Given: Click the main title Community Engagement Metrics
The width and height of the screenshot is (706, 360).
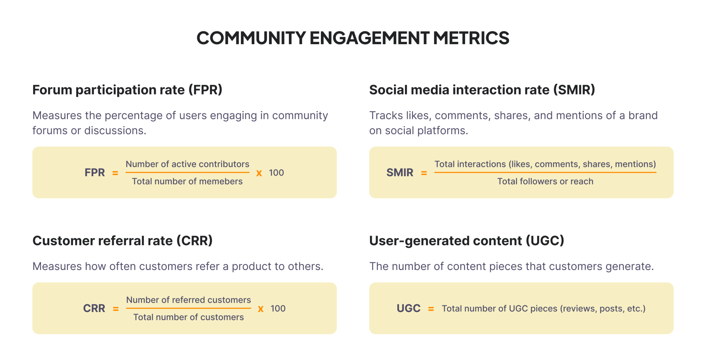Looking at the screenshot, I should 353,38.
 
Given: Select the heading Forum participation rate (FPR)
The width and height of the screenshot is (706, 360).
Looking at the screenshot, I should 127,90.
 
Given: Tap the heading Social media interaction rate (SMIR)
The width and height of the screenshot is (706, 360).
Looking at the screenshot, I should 482,90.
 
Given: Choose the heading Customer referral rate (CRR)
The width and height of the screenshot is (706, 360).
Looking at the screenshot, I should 122,241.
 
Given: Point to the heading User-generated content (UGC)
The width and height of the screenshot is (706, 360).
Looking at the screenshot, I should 466,241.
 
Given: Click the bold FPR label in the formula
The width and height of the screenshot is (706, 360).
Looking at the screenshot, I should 94,172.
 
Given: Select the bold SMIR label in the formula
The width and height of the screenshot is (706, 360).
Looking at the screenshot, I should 400,172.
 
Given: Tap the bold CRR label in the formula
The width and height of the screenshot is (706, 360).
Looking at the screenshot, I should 94,308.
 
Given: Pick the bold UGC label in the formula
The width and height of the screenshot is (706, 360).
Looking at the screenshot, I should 409,308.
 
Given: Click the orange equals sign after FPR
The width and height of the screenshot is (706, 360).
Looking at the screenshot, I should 115,173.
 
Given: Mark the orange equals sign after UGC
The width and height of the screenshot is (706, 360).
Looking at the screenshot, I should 431,309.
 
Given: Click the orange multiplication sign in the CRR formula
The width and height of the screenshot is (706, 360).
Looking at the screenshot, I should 261,309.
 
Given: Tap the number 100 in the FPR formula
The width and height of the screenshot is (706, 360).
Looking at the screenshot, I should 276,173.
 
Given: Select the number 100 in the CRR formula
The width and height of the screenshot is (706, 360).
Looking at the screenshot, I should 278,309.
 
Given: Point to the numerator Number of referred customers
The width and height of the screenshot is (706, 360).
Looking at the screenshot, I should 189,300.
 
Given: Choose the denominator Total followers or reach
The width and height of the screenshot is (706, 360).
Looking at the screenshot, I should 545,181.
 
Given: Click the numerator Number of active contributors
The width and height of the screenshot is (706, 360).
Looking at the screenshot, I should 187,164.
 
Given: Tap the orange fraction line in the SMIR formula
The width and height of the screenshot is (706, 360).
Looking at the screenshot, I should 545,172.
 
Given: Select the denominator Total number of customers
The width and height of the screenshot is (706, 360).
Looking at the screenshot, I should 189,317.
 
